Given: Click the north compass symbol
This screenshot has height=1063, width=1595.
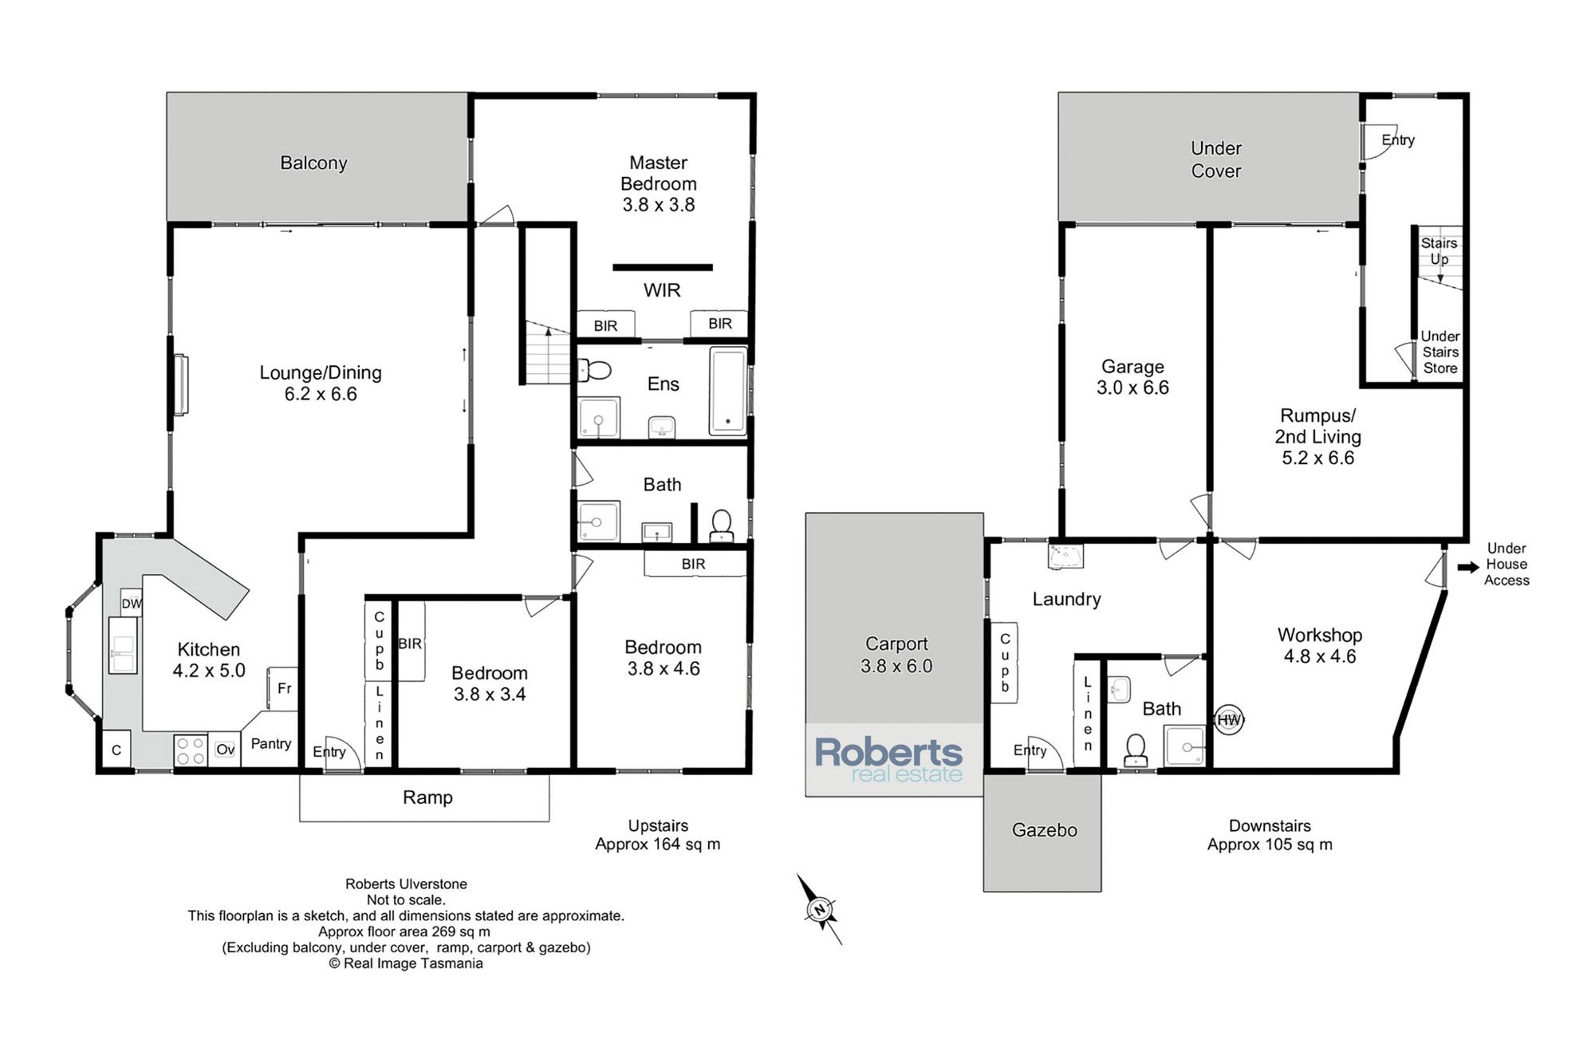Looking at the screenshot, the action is [x=819, y=909].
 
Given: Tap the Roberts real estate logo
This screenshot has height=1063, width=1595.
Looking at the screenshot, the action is [x=888, y=760].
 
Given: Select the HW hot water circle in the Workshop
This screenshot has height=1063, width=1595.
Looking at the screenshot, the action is [x=1229, y=720].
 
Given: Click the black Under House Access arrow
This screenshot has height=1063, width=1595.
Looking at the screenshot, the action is [x=1468, y=567].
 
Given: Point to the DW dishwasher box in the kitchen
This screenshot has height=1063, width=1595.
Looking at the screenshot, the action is [x=132, y=603].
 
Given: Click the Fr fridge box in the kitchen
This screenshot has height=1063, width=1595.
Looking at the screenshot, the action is [x=283, y=688].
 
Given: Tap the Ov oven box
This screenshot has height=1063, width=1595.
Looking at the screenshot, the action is [x=225, y=750].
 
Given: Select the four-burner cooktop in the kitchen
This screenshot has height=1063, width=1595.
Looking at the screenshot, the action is [x=191, y=750].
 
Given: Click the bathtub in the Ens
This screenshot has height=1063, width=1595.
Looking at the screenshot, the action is [x=728, y=392].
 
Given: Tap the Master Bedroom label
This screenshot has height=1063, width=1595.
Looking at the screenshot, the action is [x=659, y=173].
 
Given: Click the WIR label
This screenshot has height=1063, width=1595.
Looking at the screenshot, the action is [x=662, y=290].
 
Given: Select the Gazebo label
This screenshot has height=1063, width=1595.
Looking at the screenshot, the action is [x=1044, y=830].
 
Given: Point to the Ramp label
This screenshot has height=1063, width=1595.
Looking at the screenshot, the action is [x=427, y=797].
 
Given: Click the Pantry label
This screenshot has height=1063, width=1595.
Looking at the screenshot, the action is [x=271, y=743].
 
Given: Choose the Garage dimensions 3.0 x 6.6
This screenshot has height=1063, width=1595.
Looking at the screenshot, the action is [x=1132, y=388].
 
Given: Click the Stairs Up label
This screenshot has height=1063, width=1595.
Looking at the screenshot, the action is [x=1439, y=250].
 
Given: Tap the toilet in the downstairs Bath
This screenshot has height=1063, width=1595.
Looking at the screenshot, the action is [x=1136, y=750].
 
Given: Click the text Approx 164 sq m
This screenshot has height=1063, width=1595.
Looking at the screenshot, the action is [x=658, y=844].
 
